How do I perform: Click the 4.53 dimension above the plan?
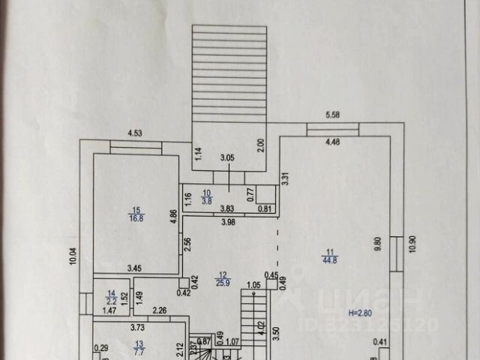point(135,133)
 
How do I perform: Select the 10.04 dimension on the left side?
point(73,256)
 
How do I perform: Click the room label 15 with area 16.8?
point(136,214)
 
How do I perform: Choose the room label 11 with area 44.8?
point(329,256)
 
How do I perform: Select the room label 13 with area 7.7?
point(138,346)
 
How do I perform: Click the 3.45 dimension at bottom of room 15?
point(135,268)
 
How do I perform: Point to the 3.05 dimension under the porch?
point(226,158)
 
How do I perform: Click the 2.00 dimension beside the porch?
point(260,143)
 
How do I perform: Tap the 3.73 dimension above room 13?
point(138,326)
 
